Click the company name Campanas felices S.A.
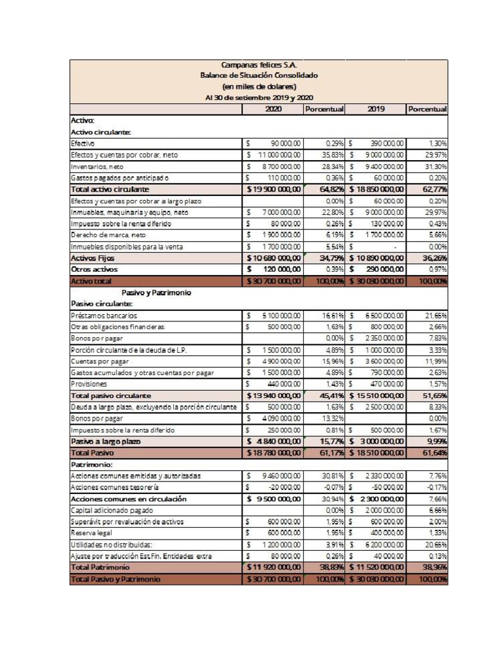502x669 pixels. click(259, 65)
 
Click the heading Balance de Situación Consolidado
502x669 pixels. click(259, 75)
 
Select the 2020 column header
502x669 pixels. click(273, 109)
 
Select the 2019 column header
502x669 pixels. click(376, 109)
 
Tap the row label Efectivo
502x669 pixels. click(83, 143)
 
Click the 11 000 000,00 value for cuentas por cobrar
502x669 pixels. click(278, 155)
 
